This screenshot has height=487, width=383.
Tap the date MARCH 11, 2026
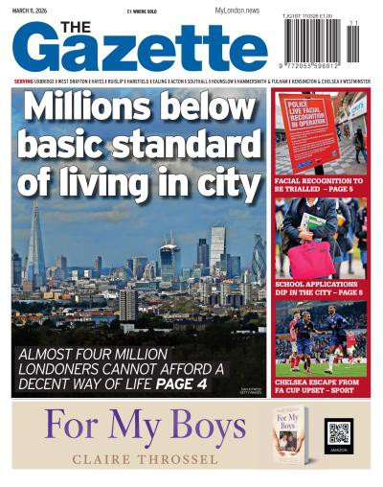click(29, 11)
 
